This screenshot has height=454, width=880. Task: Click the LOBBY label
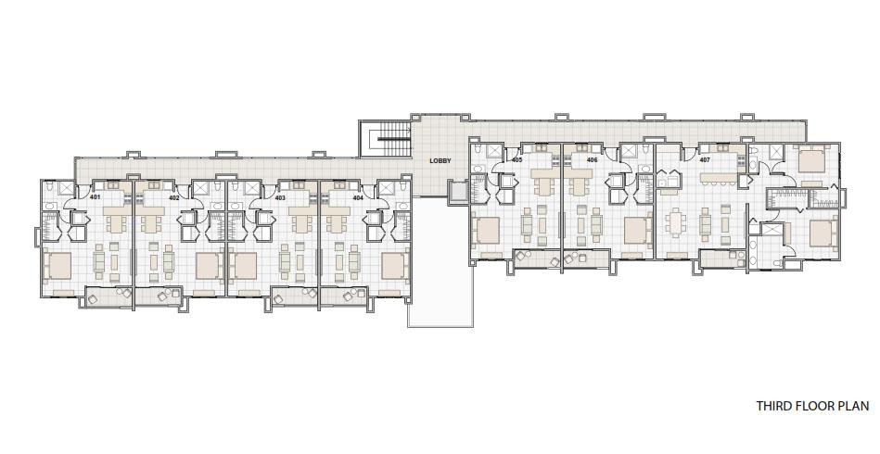coord(440,161)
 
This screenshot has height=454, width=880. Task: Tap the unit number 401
coord(95,197)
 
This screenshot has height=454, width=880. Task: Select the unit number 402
coord(174,197)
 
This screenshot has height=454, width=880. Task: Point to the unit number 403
coord(280,197)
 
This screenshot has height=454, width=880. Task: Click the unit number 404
coord(358,197)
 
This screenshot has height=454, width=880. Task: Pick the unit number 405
coord(517,159)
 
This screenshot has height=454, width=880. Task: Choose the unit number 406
coord(593,159)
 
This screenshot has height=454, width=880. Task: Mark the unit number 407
coord(705,159)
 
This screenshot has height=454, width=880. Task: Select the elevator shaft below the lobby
coord(458,191)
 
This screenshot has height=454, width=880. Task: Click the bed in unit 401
coord(57,266)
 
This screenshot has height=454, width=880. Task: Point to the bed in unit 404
coord(395,266)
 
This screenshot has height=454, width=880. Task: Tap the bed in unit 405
coord(487,230)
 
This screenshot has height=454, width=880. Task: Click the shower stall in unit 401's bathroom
coord(66,188)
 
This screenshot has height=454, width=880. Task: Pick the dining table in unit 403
coord(301,223)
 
